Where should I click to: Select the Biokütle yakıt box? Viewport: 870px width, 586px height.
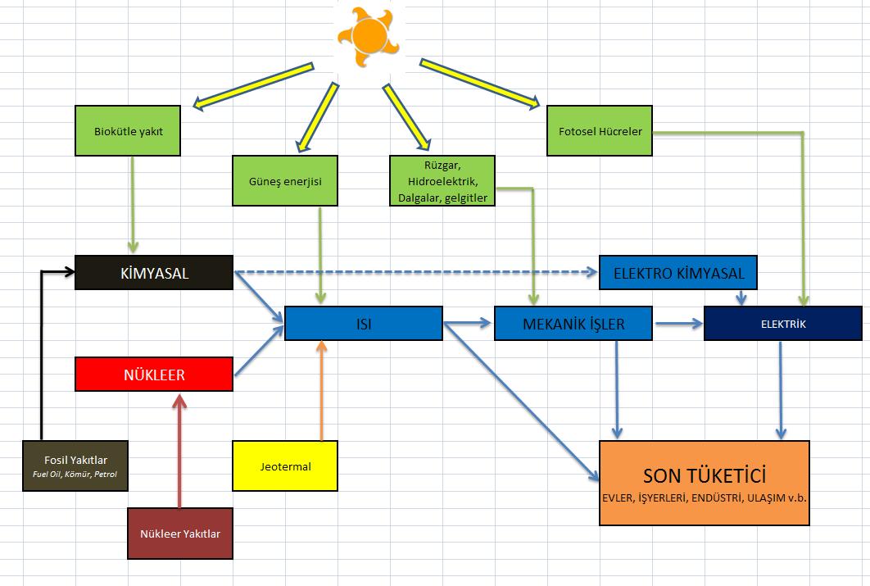coord(127,130)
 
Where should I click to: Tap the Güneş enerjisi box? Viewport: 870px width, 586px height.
coord(285,180)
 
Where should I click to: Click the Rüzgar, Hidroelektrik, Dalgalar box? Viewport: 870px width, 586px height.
coord(442,181)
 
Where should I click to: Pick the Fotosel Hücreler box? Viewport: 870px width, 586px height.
coord(600,130)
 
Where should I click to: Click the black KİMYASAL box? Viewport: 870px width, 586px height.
coord(154,273)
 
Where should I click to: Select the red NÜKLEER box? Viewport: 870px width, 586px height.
coord(154,375)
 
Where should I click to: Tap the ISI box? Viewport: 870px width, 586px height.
coord(363,324)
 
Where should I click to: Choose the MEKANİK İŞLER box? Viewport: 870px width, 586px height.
coord(573,324)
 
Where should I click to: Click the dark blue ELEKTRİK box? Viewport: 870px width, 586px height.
coord(782,324)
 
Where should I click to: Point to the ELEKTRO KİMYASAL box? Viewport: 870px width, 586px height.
coord(678,273)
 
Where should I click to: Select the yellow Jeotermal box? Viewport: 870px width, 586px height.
coord(285,466)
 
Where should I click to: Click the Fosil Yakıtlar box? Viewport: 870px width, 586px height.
coord(75,466)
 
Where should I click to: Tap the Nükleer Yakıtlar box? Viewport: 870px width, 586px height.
coord(179,534)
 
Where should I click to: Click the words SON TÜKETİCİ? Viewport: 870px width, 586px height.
coord(705,475)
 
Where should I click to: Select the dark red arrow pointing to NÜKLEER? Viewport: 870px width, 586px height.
coord(179,451)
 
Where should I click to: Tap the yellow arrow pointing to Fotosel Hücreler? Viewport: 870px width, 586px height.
coord(479,83)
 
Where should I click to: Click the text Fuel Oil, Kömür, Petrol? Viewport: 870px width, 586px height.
coord(75,474)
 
